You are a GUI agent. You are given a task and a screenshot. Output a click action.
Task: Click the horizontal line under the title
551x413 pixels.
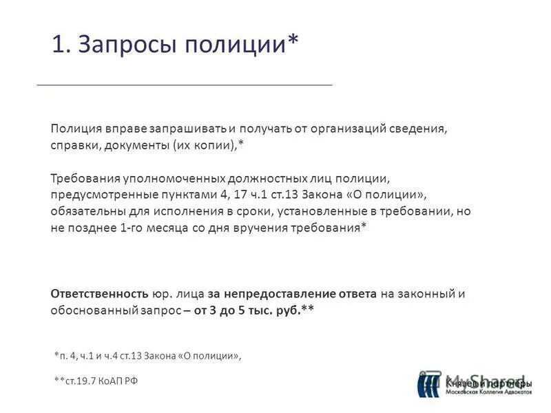(x=184, y=84)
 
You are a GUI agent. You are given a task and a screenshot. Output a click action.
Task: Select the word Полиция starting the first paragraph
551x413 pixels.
(x=75, y=129)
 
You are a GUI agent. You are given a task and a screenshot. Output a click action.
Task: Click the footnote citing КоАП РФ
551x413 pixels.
(x=96, y=381)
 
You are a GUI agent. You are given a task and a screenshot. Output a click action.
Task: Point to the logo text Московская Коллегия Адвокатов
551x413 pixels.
(x=488, y=392)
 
